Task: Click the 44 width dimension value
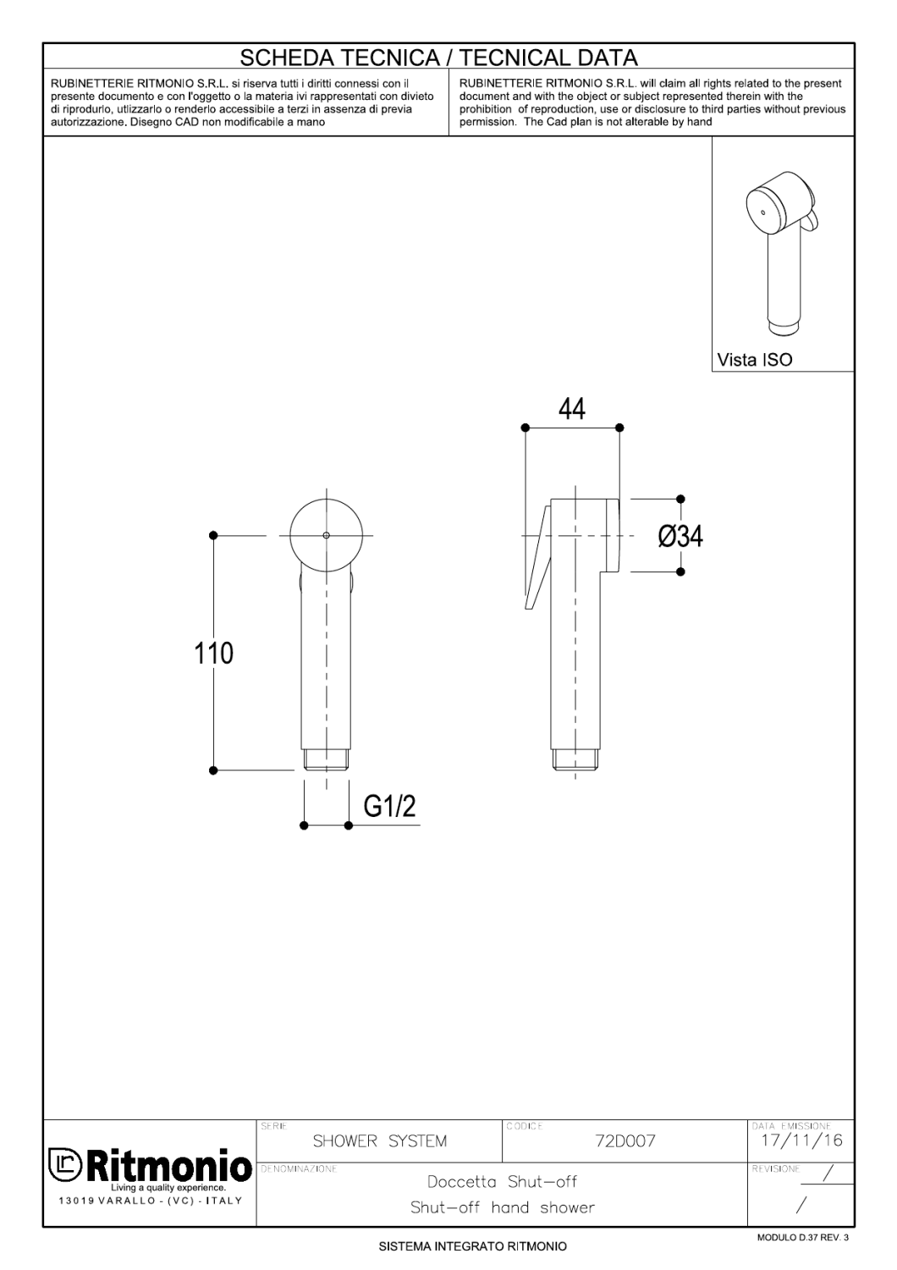pos(572,409)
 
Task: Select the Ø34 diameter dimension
pos(680,536)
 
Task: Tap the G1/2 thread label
pos(389,807)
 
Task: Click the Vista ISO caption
pos(755,360)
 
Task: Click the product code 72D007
pos(625,1141)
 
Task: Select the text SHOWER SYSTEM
pos(379,1141)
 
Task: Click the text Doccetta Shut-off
pos(503,1182)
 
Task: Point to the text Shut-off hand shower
pos(503,1207)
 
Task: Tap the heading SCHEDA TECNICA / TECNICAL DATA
pos(438,58)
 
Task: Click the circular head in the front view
pos(326,535)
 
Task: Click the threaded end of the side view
pos(576,759)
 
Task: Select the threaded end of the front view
pos(326,759)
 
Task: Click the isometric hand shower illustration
pos(780,254)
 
